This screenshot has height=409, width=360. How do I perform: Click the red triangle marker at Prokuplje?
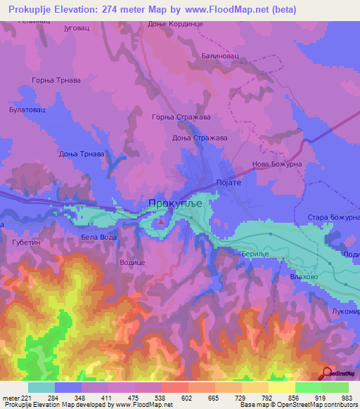point(161,223)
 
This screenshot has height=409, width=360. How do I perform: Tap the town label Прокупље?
point(175,203)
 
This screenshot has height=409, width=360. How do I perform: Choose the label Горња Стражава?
point(179,117)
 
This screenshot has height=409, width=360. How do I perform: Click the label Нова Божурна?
point(276,166)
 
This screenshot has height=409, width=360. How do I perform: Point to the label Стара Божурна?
point(333,217)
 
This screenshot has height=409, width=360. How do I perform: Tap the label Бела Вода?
point(99,238)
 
